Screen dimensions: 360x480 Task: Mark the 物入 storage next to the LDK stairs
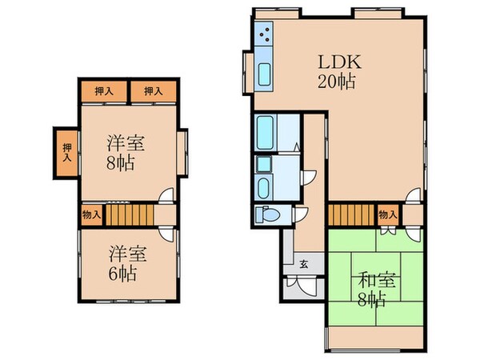point(386,214)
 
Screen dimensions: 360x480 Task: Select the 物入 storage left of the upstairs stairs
point(91,214)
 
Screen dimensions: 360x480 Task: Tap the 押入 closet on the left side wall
point(67,152)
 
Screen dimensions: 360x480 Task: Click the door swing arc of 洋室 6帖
point(165,233)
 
